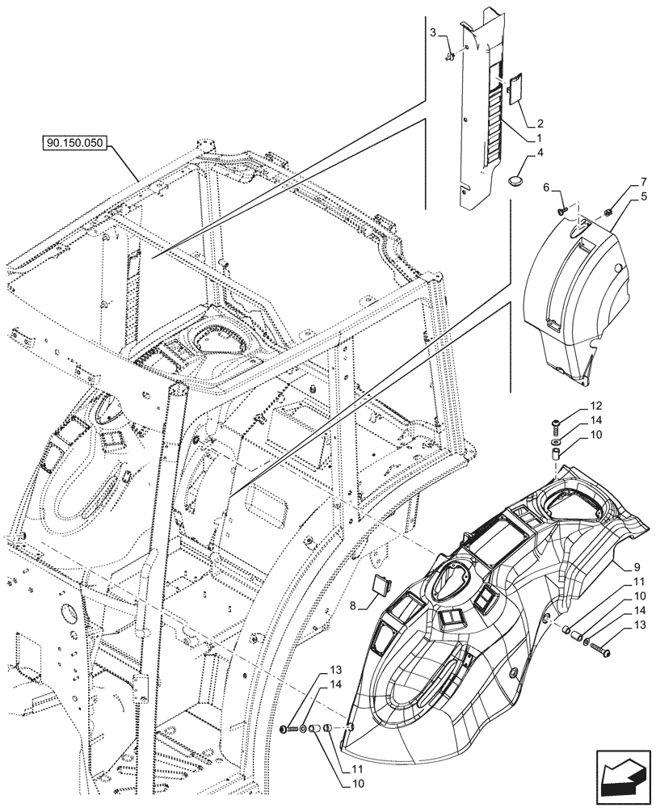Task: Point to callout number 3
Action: [433, 32]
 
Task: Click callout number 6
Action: [546, 187]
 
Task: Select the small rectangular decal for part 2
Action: [514, 88]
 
